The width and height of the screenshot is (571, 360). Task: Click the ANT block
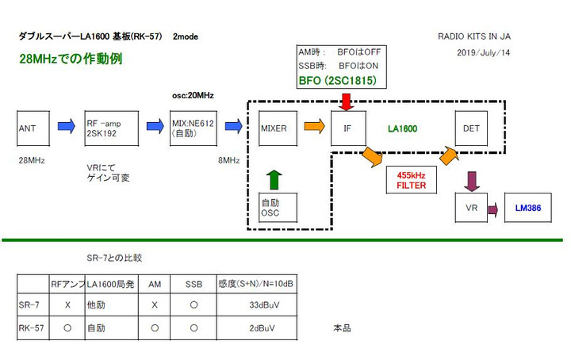point(33,127)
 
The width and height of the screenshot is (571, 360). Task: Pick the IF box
point(347,127)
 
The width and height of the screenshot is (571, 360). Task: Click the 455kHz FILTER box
point(411,181)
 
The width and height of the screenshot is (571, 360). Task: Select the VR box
point(471,208)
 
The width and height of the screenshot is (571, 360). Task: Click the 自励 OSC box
point(274,208)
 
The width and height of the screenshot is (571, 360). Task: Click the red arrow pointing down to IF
point(346,101)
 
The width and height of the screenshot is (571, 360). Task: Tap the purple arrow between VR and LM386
point(492,209)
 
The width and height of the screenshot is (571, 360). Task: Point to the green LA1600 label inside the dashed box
point(402,127)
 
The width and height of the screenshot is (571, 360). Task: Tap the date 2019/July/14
point(484,52)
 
